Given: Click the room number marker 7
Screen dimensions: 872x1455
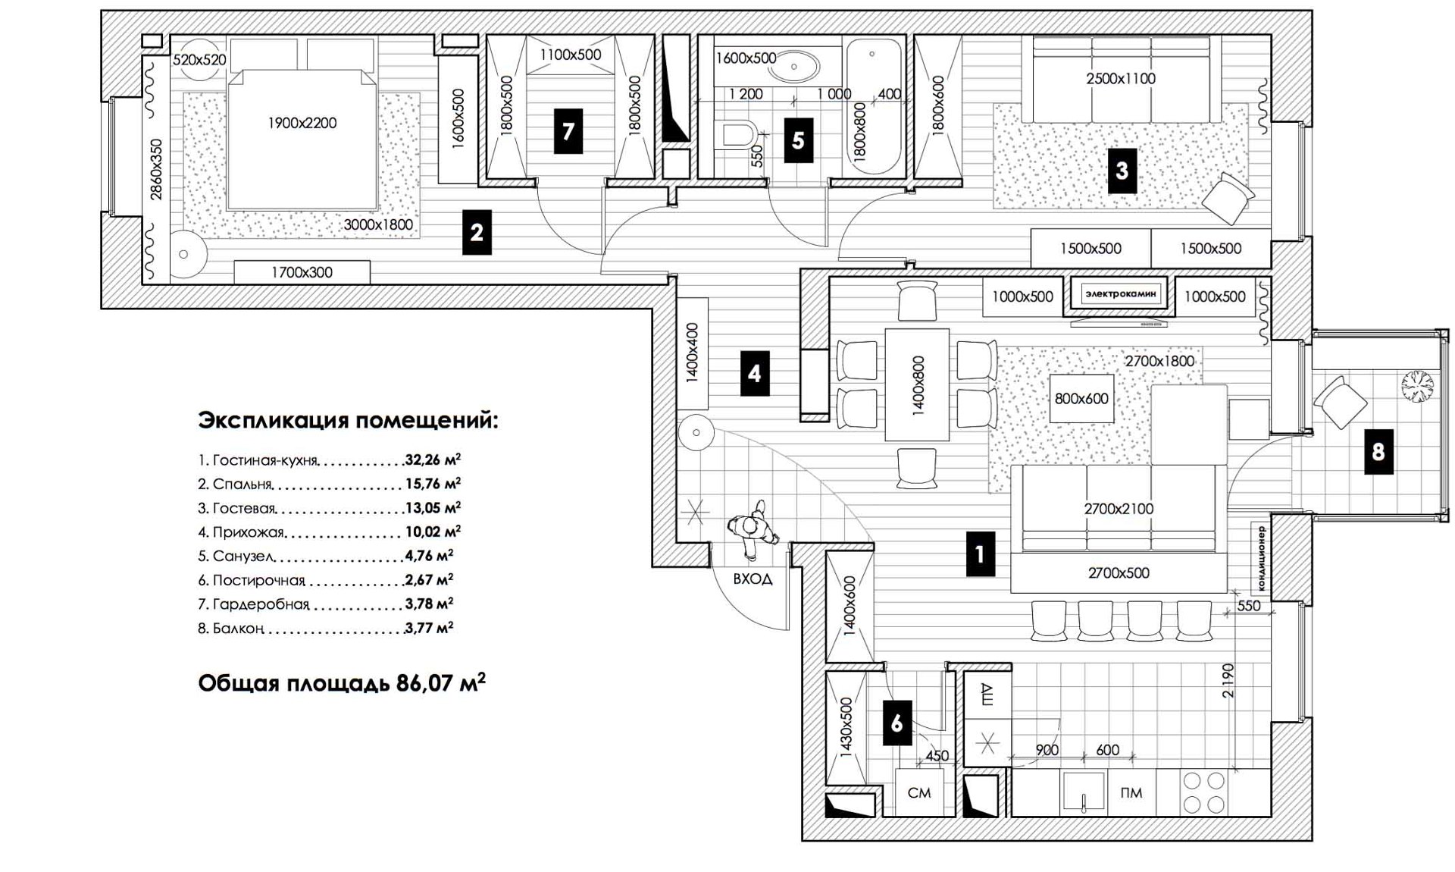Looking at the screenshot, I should [x=568, y=131].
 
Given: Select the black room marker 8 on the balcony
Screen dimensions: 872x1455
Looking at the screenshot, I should [x=1378, y=452].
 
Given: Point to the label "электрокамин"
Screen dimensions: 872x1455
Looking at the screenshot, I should [x=1120, y=293].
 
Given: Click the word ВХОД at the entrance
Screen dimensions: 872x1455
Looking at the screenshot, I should [x=753, y=579].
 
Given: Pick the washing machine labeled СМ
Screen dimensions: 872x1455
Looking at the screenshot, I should [x=918, y=792].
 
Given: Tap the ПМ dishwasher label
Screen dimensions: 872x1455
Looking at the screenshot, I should [x=1131, y=792].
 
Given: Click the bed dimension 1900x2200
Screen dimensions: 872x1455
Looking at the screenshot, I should [x=302, y=123].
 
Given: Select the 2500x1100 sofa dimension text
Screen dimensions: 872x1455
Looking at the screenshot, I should [x=1121, y=78].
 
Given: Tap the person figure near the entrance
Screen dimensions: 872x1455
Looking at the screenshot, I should [x=753, y=527].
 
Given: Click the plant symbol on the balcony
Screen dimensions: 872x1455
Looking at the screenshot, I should [x=1416, y=385].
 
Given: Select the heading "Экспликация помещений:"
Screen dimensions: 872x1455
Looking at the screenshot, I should [x=348, y=420].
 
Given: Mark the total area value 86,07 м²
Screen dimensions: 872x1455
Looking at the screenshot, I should [x=440, y=683].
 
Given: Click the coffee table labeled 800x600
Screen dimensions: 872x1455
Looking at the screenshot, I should [x=1081, y=398].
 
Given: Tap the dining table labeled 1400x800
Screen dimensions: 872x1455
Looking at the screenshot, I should [x=917, y=384].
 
